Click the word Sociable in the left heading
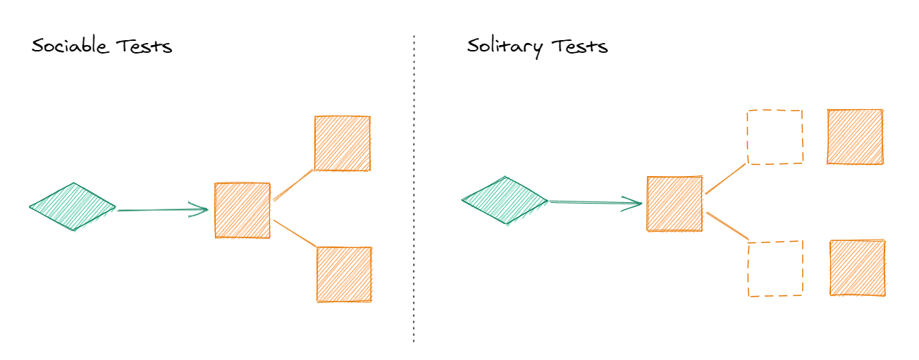[70, 47]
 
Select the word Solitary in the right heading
[505, 48]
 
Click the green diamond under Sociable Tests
[73, 206]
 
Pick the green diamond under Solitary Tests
[505, 201]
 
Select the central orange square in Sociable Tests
[242, 210]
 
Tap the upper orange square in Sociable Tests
[342, 144]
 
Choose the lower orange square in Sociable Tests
[344, 274]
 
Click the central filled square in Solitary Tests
[674, 204]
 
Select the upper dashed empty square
[775, 137]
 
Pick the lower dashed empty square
[775, 268]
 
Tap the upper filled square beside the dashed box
[855, 137]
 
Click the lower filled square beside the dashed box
[858, 268]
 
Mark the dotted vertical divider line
[414, 190]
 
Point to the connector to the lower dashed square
[727, 225]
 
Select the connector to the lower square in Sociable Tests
[295, 233]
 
